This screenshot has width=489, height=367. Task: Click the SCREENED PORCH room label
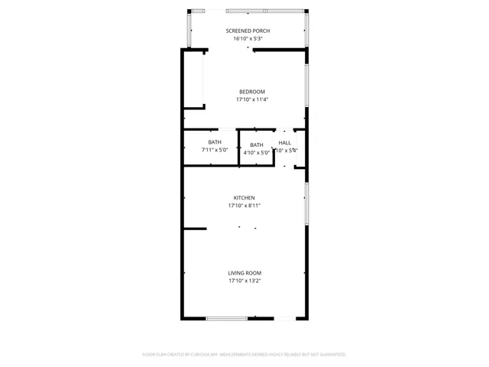tap(248, 31)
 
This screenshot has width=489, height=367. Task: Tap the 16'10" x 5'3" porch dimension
tap(248, 38)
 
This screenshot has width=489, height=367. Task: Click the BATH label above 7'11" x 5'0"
tap(215, 142)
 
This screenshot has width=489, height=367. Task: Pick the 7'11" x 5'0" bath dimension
tap(215, 150)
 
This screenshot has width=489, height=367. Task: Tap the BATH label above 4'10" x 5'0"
tap(257, 145)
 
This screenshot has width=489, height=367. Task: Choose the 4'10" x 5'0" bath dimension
tap(257, 153)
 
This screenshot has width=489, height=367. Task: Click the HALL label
tap(284, 143)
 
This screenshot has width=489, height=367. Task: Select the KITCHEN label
tap(244, 198)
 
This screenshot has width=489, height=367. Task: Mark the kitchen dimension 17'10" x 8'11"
tap(244, 206)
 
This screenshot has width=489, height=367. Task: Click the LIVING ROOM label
tap(244, 273)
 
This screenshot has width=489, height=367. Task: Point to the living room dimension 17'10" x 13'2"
tap(244, 281)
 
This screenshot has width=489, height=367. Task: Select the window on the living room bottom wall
tap(226, 318)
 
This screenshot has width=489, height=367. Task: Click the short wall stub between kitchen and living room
tap(195, 228)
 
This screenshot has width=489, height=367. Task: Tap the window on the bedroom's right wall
tap(306, 85)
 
